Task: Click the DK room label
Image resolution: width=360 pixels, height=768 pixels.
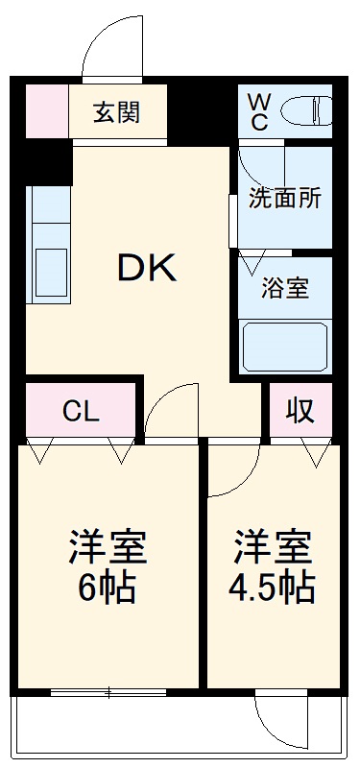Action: tap(147, 268)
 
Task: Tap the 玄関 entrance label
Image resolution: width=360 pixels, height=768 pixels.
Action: tap(117, 112)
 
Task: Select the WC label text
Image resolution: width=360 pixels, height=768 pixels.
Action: tap(259, 112)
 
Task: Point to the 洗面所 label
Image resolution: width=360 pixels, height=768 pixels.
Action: tap(284, 198)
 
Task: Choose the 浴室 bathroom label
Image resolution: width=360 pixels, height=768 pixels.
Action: tap(284, 287)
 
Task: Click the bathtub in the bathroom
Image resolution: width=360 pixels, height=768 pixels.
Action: tap(284, 345)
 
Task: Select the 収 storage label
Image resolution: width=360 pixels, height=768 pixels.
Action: tap(300, 410)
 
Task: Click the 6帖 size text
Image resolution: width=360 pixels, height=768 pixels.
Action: tap(107, 586)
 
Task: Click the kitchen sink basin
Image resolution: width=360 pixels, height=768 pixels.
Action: tap(47, 275)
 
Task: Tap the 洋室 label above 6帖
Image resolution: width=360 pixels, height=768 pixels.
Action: tap(107, 547)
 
